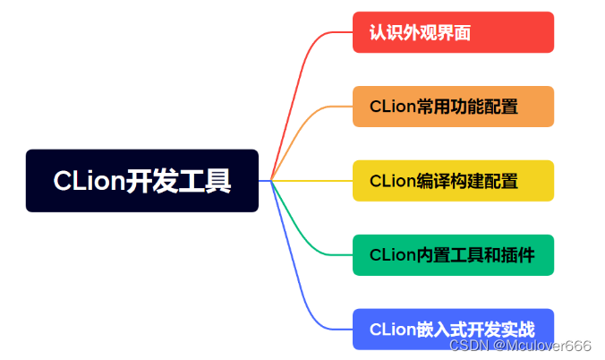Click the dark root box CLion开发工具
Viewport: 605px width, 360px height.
coord(142,181)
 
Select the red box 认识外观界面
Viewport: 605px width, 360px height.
coord(453,32)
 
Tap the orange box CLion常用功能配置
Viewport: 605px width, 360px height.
coord(453,107)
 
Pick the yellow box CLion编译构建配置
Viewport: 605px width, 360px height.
coord(453,181)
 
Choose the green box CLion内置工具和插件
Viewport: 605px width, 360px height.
coord(453,255)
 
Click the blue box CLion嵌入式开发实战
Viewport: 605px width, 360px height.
coord(453,330)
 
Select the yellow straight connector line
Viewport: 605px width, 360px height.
coord(313,181)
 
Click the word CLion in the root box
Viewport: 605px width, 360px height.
coord(88,181)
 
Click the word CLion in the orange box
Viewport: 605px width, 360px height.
coord(392,107)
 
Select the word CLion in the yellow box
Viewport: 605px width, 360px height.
coord(392,181)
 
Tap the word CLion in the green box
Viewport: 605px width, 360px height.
coord(392,255)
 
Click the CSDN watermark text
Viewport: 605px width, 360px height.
coord(467,346)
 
